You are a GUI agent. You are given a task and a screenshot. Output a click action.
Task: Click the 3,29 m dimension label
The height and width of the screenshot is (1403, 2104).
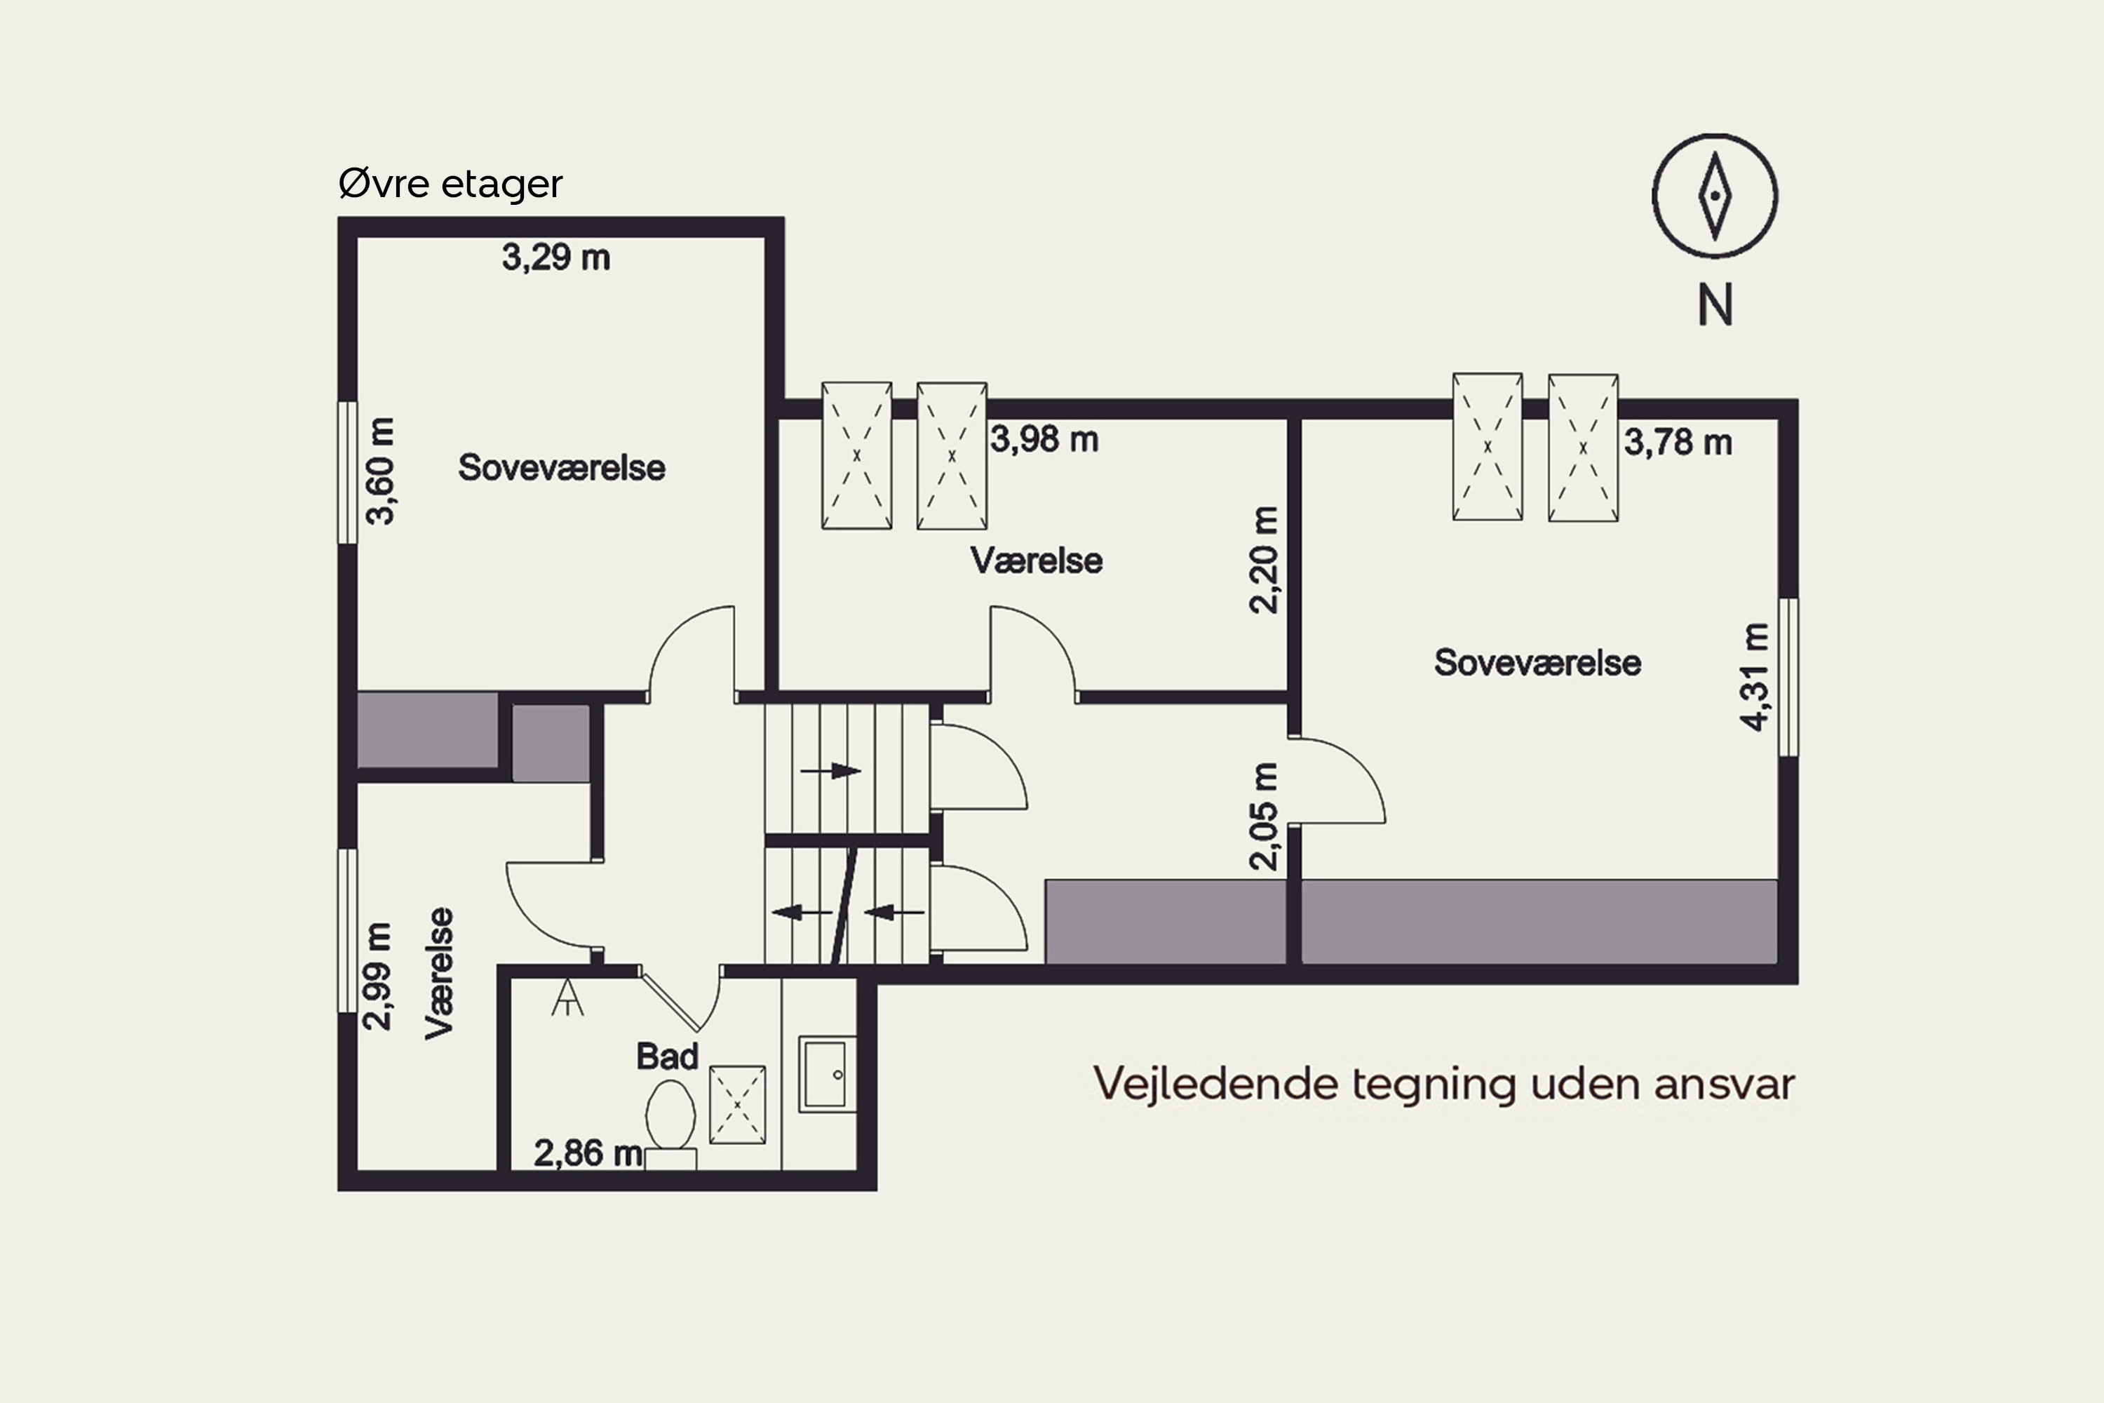[555, 257]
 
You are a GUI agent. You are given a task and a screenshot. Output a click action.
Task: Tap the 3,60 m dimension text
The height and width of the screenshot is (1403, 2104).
[380, 471]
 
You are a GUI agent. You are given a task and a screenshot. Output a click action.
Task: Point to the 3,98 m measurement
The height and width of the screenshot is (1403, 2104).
[1044, 439]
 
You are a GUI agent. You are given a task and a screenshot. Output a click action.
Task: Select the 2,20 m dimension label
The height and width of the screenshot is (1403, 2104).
[1263, 559]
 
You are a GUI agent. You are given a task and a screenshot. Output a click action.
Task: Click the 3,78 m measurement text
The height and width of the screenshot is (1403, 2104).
[1678, 442]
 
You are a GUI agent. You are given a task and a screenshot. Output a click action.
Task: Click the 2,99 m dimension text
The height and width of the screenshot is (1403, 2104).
[377, 976]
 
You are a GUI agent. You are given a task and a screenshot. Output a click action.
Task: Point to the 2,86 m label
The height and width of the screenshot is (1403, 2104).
[588, 1153]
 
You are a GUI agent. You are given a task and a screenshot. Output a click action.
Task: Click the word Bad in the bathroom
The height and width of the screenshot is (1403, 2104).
[666, 1056]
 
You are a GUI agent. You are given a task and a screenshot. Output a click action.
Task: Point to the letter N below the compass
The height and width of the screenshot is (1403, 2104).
[1715, 305]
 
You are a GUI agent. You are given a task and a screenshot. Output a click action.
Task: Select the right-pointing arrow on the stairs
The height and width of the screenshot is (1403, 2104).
[830, 770]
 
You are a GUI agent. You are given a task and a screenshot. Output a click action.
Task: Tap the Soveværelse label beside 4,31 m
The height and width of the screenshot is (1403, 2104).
[1537, 663]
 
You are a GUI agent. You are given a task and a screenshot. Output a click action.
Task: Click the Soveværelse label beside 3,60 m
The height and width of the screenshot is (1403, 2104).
[561, 468]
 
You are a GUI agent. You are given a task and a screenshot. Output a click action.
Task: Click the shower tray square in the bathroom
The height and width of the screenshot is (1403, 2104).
[737, 1104]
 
